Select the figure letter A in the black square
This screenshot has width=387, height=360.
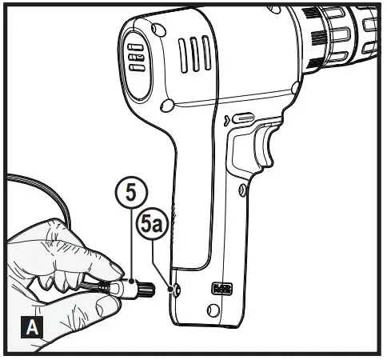point(27,327)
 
